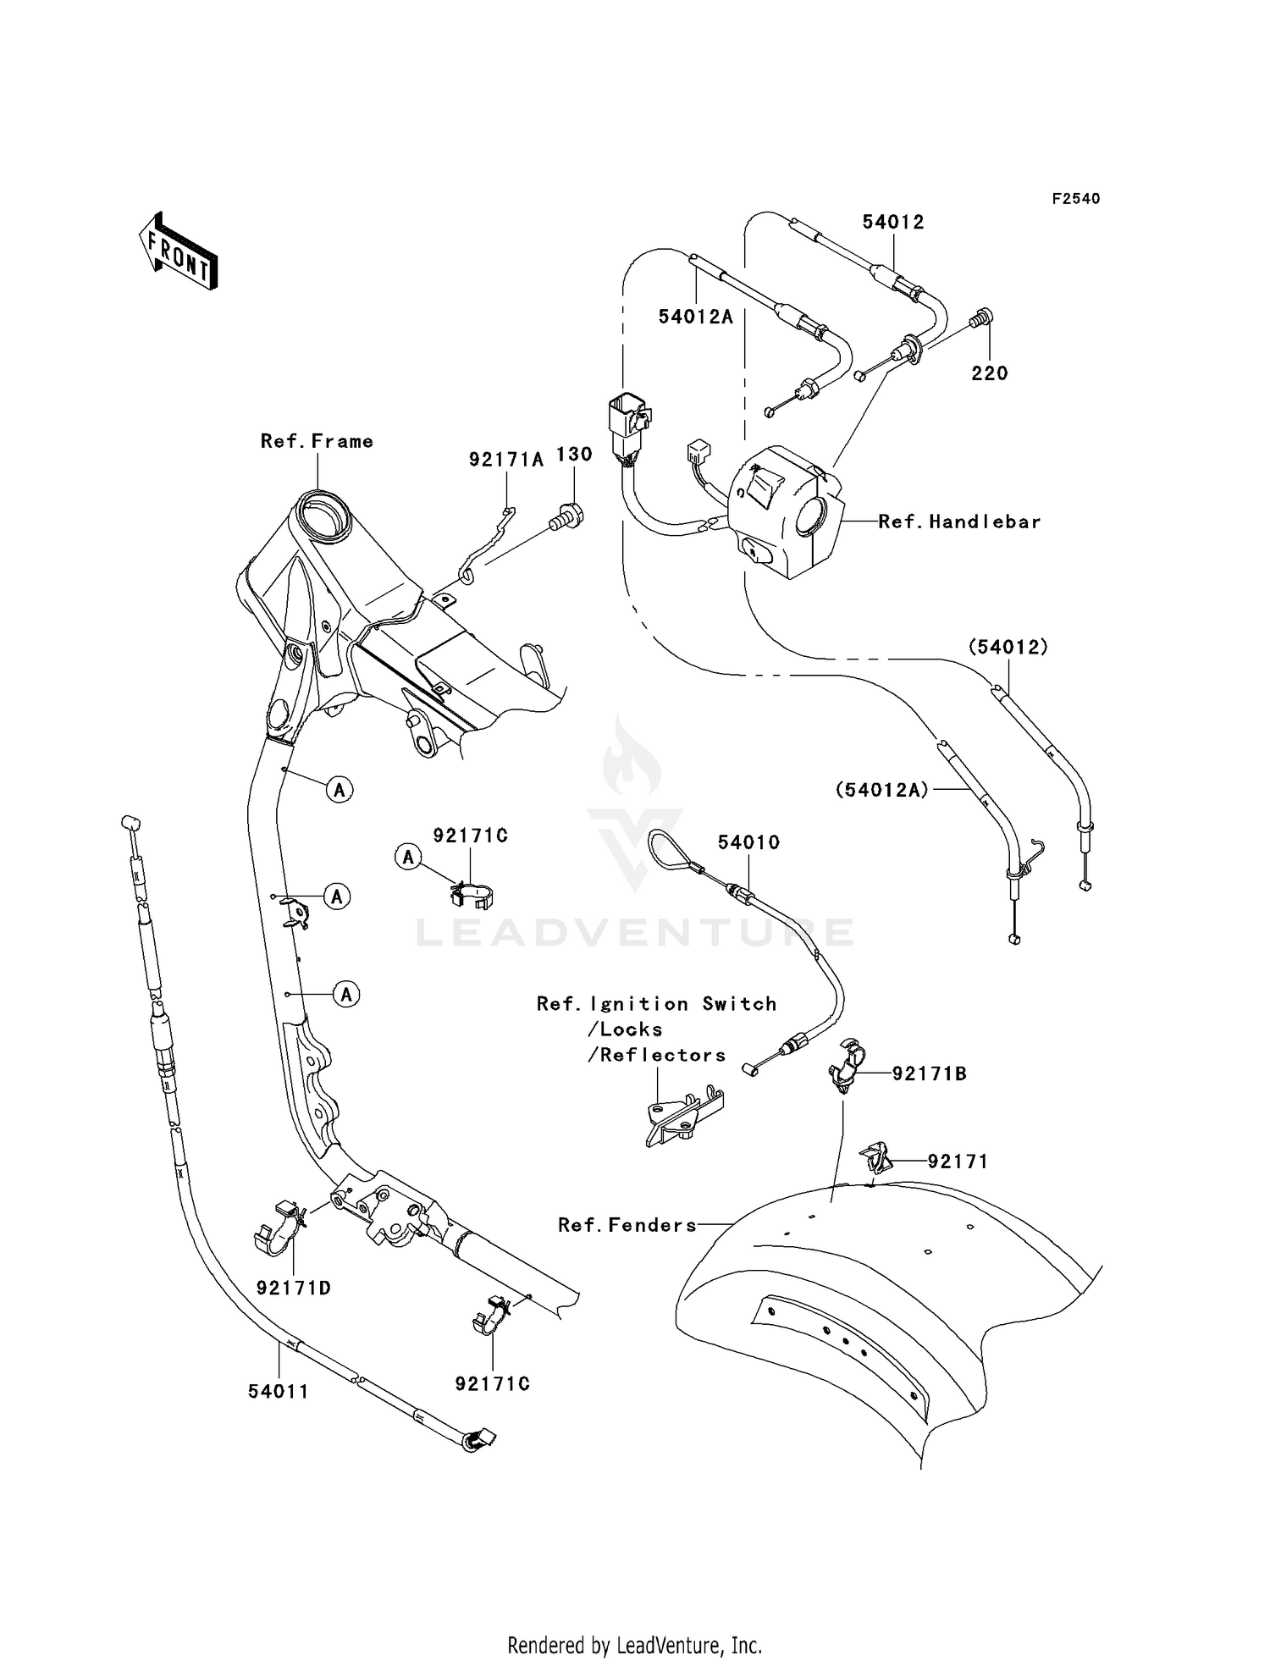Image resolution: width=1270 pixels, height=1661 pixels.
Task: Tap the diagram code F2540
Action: (x=1076, y=199)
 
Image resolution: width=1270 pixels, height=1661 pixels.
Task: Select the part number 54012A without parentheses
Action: (x=696, y=317)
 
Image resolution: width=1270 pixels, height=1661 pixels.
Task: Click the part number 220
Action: (x=990, y=373)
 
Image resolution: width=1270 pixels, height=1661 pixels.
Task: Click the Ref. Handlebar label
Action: (x=959, y=521)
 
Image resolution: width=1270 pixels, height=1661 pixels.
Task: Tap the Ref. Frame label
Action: (x=317, y=441)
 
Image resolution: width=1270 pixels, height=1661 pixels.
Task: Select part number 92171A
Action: (x=506, y=460)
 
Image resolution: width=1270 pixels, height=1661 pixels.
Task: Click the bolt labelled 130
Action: (x=564, y=516)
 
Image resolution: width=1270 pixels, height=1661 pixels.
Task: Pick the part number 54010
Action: (x=748, y=842)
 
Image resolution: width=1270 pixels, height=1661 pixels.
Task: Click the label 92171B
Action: (x=930, y=1073)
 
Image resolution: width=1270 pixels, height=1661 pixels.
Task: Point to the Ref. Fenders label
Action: (x=627, y=1225)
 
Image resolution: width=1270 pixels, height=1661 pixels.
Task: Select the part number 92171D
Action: (x=293, y=1288)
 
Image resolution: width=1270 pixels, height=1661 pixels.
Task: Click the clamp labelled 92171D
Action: (x=279, y=1227)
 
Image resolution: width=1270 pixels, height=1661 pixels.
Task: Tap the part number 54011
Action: (x=279, y=1391)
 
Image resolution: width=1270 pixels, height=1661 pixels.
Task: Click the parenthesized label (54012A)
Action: (x=882, y=790)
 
